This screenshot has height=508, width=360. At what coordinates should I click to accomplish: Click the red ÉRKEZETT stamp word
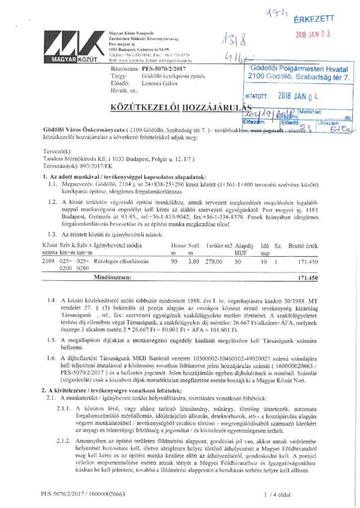pos(314,19)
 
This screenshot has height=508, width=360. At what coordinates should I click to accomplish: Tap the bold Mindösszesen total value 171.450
pos(308,278)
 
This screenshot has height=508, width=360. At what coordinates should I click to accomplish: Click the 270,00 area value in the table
pos(215,261)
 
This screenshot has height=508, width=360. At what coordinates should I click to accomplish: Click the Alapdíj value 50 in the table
pos(238,261)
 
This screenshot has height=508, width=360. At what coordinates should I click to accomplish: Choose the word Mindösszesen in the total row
pos(113,278)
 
